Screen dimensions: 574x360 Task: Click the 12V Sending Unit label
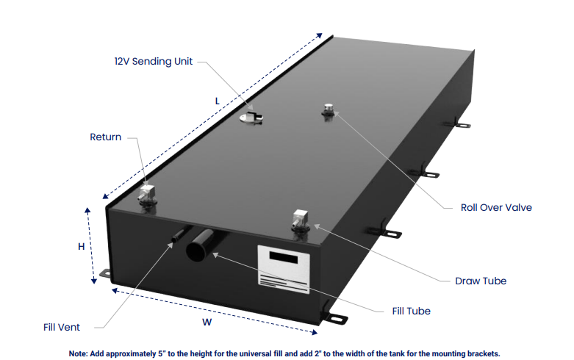pos(154,61)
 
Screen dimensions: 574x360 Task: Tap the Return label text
pos(105,137)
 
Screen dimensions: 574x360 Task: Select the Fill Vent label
pos(62,327)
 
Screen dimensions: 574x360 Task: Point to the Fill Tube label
pos(411,311)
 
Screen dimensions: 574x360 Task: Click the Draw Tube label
pos(481,281)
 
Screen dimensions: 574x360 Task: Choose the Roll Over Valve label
pos(496,207)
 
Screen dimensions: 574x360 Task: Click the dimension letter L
pos(217,101)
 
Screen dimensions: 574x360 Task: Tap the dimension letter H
pos(82,247)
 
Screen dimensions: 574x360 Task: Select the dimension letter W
pos(207,323)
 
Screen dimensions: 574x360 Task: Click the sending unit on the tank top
pos(251,118)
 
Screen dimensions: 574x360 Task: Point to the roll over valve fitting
pos(329,109)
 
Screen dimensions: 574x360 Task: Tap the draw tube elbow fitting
pos(301,220)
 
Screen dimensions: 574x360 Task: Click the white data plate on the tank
pos(284,269)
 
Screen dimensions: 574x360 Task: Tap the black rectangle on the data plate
pos(284,257)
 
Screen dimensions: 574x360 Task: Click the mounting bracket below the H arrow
pos(105,273)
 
